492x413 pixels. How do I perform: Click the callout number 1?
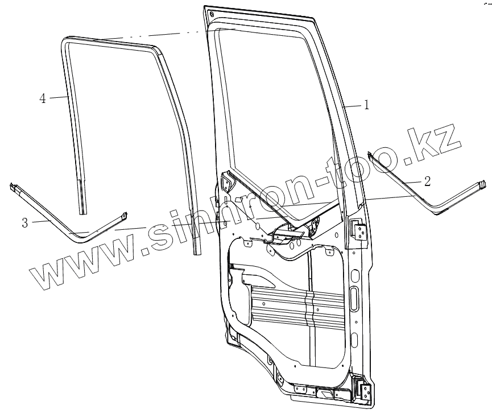click(367, 105)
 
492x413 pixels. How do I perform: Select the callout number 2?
click(427, 181)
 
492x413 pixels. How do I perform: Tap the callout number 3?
click(24, 223)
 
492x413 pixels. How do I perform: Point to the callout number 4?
click(42, 98)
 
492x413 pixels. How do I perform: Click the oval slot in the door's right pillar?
click(353, 299)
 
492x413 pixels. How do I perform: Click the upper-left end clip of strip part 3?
click(14, 186)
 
